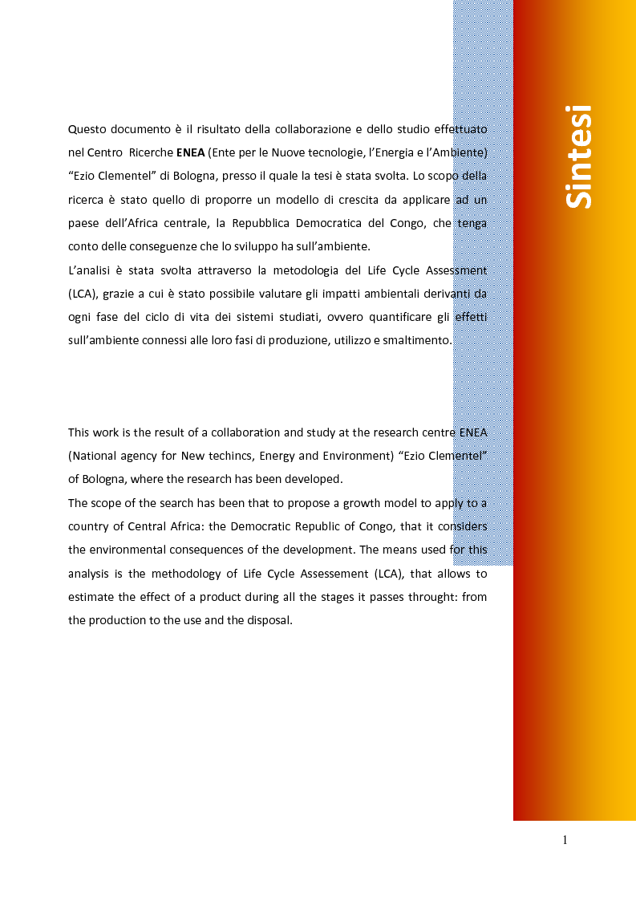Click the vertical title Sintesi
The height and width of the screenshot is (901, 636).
578,156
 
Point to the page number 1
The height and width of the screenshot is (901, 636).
565,840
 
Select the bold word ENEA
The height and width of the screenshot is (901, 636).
190,152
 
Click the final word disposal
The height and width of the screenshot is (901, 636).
269,620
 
